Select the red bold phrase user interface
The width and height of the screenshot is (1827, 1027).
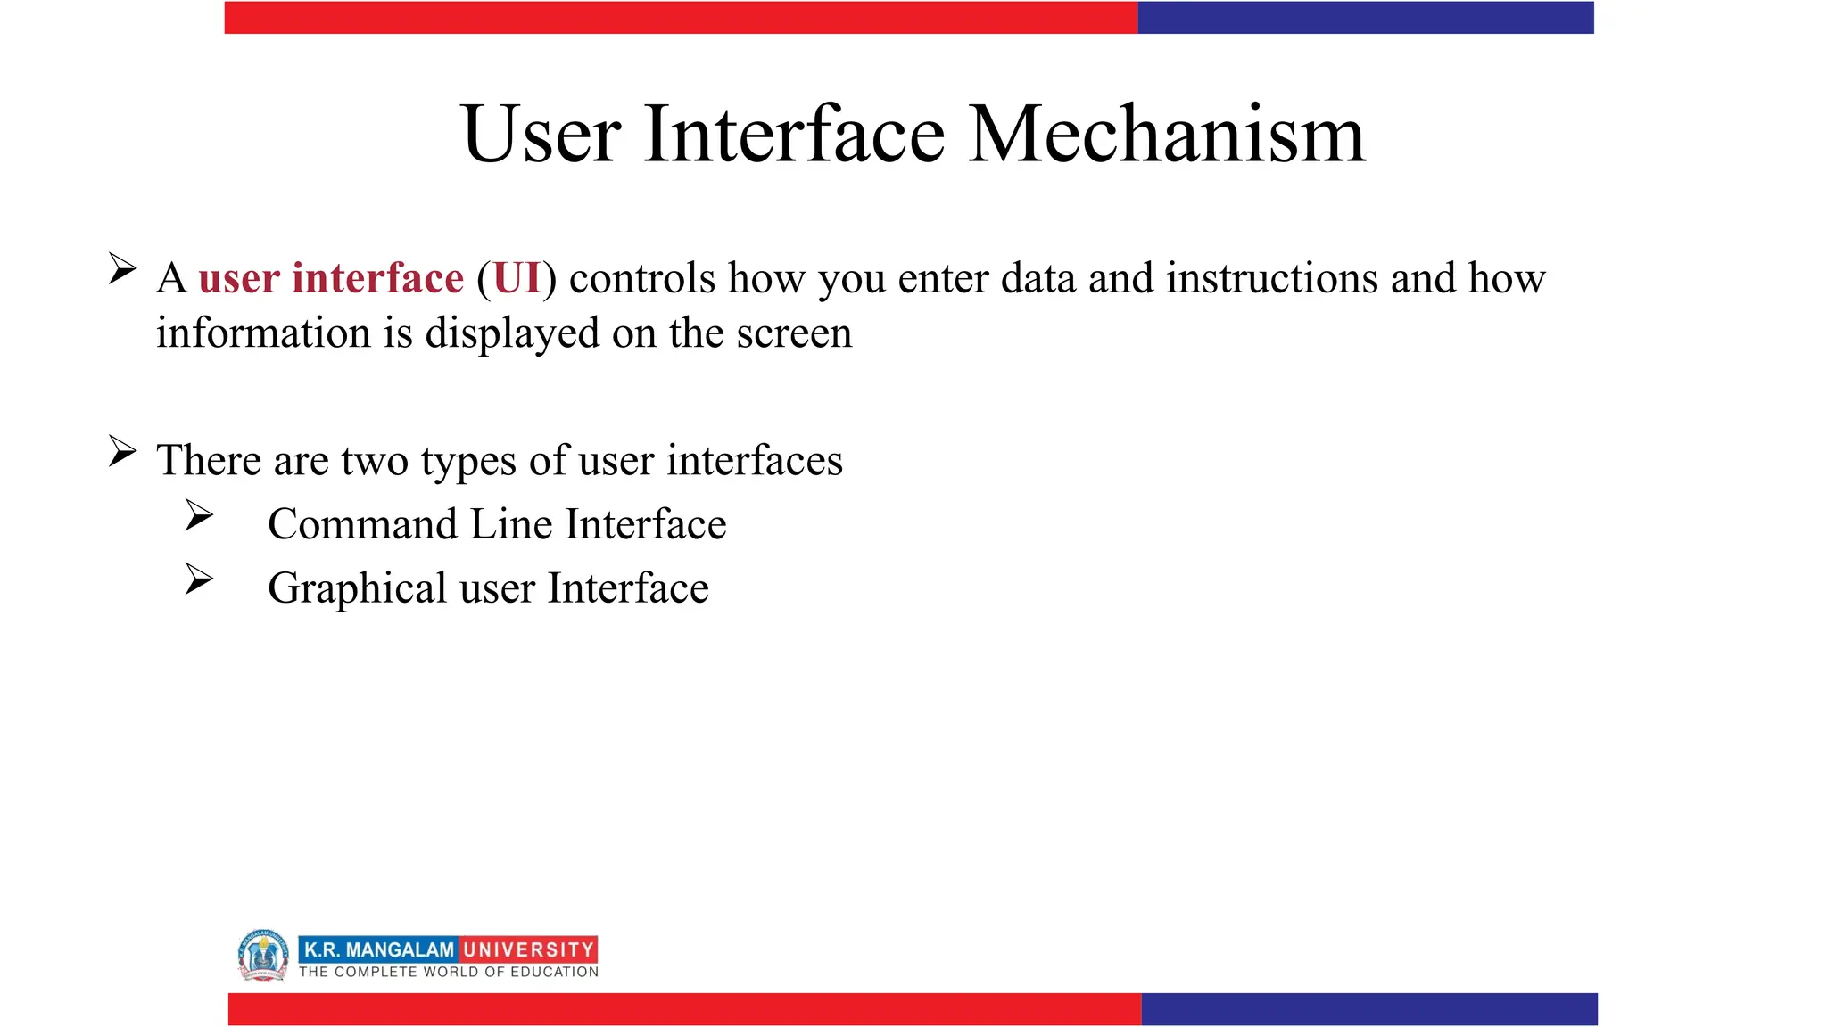pos(331,278)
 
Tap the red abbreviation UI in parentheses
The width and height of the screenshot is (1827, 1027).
pos(517,278)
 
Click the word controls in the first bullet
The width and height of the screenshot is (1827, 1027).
pos(642,278)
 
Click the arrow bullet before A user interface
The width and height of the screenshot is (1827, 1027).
pos(122,268)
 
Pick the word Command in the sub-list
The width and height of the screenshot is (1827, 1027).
pos(362,524)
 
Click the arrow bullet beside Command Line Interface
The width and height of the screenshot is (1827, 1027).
pos(199,515)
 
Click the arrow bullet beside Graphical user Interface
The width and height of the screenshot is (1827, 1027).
pos(199,579)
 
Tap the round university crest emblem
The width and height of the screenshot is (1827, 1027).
pos(263,955)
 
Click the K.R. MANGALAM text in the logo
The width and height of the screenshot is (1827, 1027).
pos(379,949)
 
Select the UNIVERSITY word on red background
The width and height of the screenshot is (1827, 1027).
pos(528,949)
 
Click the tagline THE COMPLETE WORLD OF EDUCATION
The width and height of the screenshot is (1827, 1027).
pos(449,972)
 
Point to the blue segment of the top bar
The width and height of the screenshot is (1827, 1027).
pos(1365,18)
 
